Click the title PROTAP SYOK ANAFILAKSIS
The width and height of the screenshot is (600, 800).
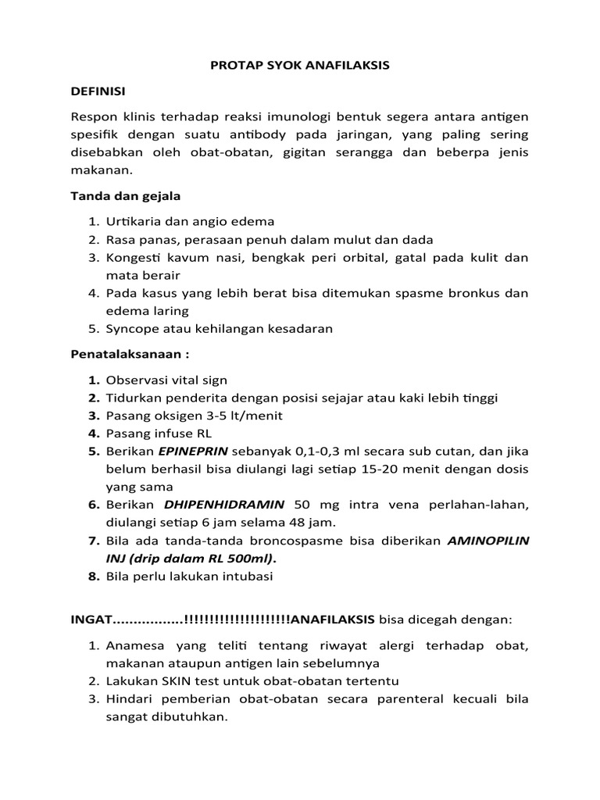coord(300,66)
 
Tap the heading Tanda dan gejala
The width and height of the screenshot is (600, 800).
coord(126,195)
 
